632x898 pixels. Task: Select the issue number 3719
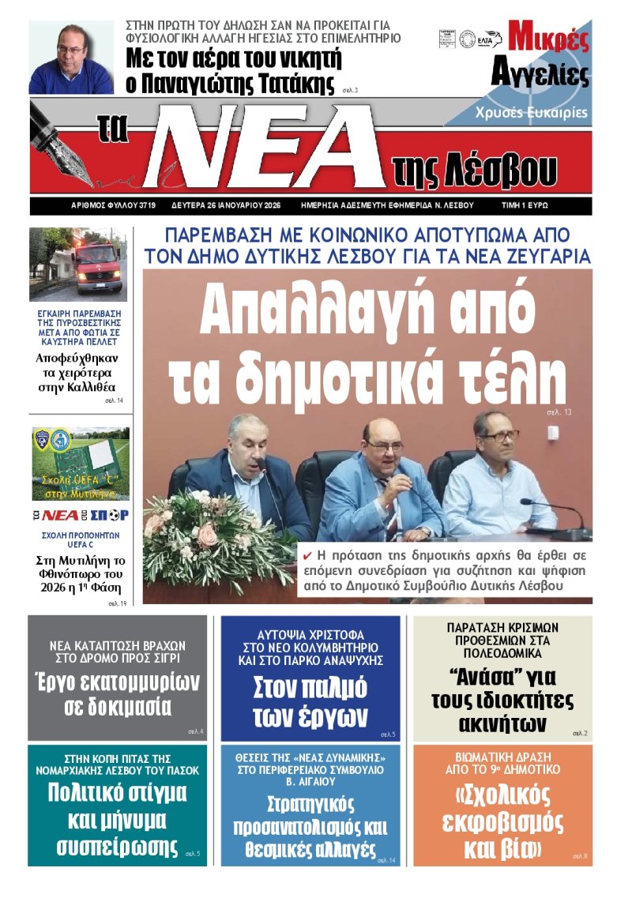[146, 205]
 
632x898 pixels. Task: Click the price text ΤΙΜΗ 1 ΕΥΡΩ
[525, 205]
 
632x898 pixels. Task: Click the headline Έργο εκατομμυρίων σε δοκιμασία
[118, 693]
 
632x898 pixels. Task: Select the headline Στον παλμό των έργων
[310, 701]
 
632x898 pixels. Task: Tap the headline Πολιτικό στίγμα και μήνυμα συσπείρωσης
[118, 819]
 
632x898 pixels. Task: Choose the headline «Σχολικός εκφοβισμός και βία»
[502, 821]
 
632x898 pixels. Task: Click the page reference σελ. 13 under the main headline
[558, 413]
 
